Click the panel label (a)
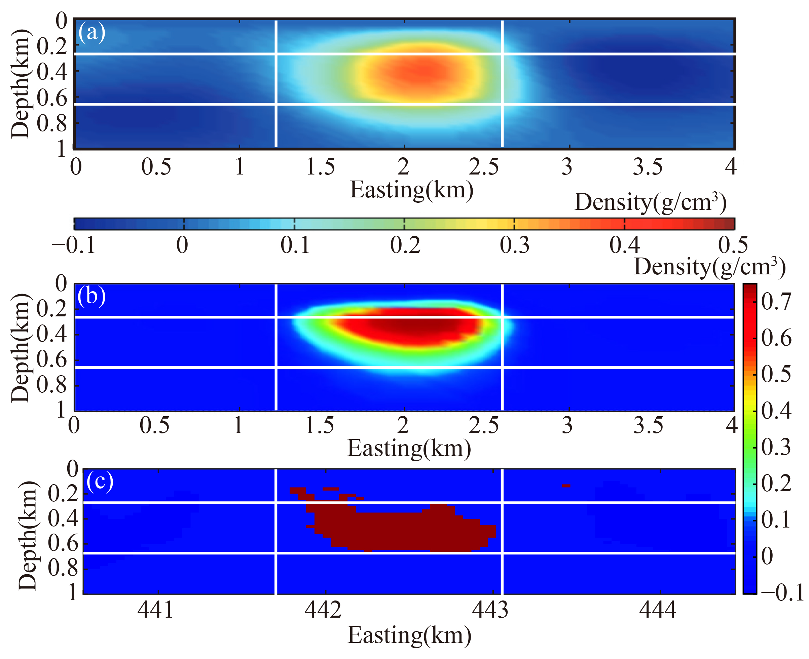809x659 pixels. [x=91, y=32]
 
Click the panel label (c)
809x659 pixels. [x=100, y=481]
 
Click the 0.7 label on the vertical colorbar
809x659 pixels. [x=776, y=302]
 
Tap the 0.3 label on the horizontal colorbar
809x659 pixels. [x=514, y=245]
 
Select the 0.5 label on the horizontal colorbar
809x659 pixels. [x=733, y=245]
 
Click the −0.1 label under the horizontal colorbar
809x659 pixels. [x=74, y=245]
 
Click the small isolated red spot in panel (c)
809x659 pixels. [x=566, y=486]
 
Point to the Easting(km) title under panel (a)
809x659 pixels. [x=411, y=190]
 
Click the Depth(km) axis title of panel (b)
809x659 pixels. [x=20, y=348]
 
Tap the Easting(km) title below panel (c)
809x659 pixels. [x=409, y=635]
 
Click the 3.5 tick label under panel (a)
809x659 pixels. [x=648, y=167]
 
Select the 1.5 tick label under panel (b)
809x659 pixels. [x=320, y=425]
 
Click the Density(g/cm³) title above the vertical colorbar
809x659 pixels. [x=709, y=267]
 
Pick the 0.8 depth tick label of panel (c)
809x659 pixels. [x=63, y=568]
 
